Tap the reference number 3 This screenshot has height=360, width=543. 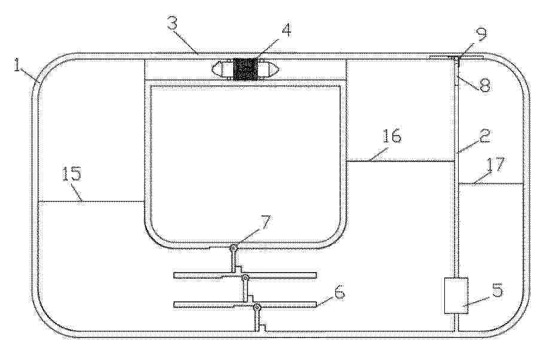point(173,25)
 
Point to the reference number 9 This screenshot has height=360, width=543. point(481,33)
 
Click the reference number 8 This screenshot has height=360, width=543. point(485,85)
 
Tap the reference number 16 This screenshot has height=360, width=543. point(392,136)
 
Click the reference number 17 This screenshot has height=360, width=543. point(496,165)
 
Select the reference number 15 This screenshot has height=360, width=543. point(72,174)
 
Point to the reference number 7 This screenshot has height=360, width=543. point(266,223)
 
